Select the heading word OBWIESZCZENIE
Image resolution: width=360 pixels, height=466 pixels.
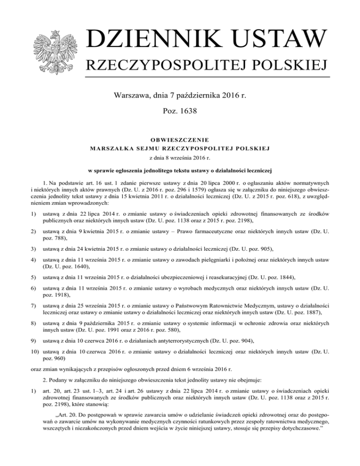point(180,140)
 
